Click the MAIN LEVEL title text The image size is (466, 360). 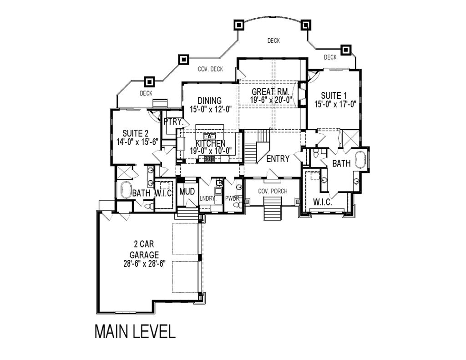pyautogui.click(x=135, y=331)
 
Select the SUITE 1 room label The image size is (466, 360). pyautogui.click(x=334, y=96)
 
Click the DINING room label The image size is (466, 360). pyautogui.click(x=209, y=101)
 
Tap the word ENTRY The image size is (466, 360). pyautogui.click(x=278, y=159)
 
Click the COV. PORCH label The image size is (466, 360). pyautogui.click(x=273, y=191)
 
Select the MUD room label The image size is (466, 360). pyautogui.click(x=187, y=191)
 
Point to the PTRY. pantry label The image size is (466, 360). pyautogui.click(x=173, y=122)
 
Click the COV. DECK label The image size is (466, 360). pyautogui.click(x=210, y=69)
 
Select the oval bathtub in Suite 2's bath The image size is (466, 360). pyautogui.click(x=124, y=189)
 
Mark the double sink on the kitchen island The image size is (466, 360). pyautogui.click(x=210, y=136)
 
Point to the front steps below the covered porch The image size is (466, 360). pyautogui.click(x=272, y=213)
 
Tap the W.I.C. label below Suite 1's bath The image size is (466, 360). pyautogui.click(x=323, y=202)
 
